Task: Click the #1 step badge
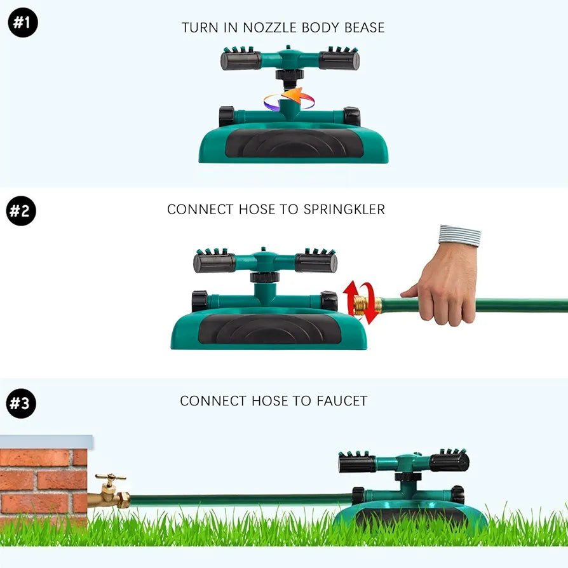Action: pos(23,22)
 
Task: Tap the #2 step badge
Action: pos(21,211)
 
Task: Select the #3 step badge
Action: pos(21,403)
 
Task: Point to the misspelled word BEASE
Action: pos(365,27)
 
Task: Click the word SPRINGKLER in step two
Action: pos(344,210)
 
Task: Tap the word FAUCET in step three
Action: pos(342,401)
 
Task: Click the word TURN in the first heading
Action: pos(199,27)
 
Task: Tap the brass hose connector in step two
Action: pos(367,305)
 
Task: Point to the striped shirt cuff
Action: pos(459,236)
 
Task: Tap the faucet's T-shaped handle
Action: pos(111,477)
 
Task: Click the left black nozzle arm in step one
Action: pos(241,60)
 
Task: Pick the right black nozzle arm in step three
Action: pos(449,463)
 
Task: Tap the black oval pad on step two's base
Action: pos(270,329)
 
